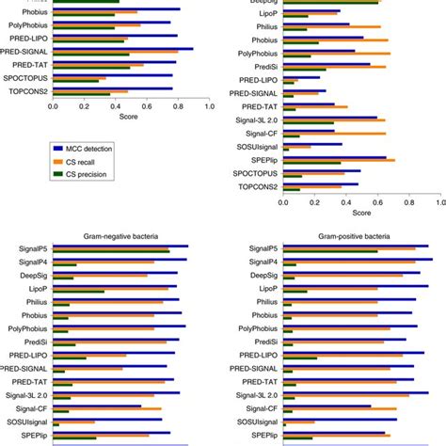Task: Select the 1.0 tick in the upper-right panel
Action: [440, 200]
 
